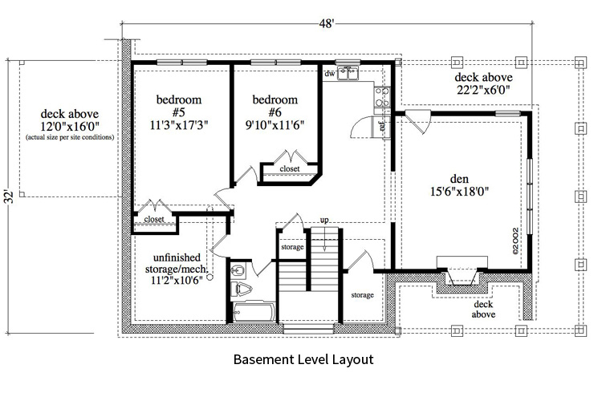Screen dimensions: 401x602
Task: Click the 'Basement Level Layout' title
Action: click(303, 360)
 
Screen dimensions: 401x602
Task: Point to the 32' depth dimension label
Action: click(7, 196)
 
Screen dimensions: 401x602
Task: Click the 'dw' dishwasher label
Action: click(329, 74)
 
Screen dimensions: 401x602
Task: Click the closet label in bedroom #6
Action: click(289, 169)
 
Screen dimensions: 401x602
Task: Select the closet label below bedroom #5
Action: click(154, 218)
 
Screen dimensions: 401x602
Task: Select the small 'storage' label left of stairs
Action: click(292, 247)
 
